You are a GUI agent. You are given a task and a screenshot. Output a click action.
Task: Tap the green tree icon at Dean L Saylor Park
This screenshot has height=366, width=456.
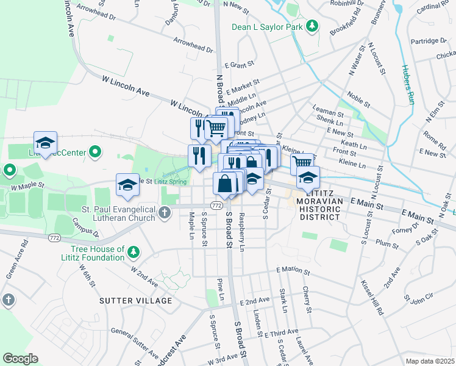coord(312,26)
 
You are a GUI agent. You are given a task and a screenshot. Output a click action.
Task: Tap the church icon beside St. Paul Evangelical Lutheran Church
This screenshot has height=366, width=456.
coord(164,213)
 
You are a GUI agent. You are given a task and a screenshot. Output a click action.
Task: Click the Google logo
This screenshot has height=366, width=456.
coord(20,359)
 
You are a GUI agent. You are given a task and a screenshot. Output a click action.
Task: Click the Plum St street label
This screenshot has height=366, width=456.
coord(387,243)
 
